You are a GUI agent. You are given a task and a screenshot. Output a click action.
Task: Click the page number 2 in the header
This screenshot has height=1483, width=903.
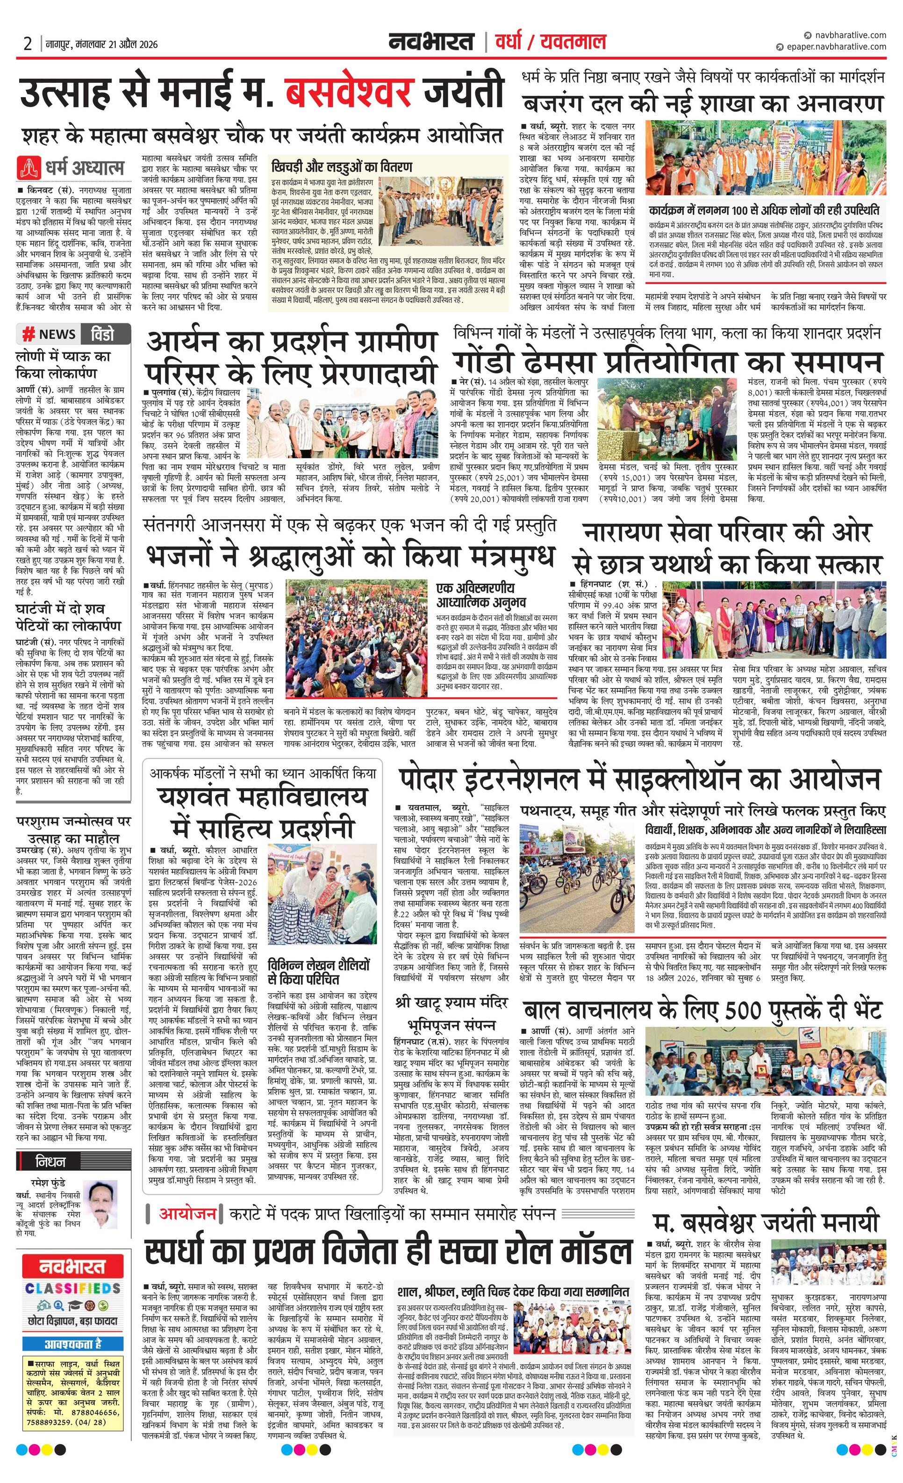click(28, 43)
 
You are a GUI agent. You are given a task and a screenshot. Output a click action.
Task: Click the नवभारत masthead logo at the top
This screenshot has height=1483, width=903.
click(431, 42)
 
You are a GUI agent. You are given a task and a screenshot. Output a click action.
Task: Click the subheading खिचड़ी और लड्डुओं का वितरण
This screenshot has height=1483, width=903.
click(341, 167)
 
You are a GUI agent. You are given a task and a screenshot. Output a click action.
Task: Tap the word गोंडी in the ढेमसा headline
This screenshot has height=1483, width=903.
click(491, 364)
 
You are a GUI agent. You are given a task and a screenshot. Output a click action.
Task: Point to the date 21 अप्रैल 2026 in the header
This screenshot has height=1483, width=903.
click(123, 43)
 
